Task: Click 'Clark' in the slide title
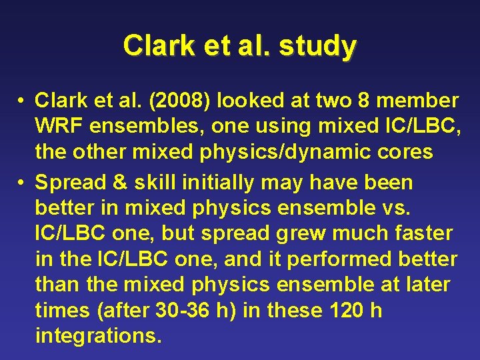pos(152,46)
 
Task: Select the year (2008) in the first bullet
pos(175,101)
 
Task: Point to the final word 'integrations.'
pos(99,335)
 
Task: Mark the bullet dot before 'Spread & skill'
pos(23,182)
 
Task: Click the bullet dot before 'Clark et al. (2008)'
pos(23,101)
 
